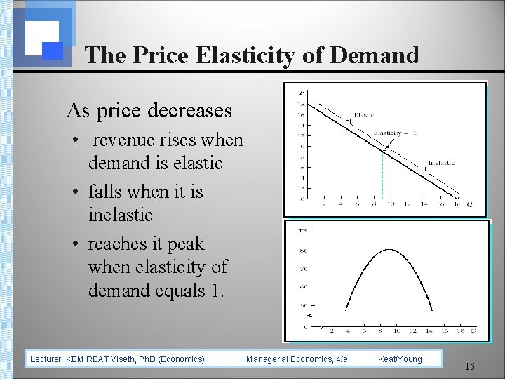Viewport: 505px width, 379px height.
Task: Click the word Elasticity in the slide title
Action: (242, 55)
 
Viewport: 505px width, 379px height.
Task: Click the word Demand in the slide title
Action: (376, 55)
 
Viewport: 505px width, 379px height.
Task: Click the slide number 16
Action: (470, 367)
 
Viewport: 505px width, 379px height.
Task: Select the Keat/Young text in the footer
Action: (400, 359)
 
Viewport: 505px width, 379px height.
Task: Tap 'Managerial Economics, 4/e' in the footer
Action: (297, 359)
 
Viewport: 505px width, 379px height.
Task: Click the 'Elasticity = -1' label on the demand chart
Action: (393, 133)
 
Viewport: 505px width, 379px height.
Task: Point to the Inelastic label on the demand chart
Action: (440, 163)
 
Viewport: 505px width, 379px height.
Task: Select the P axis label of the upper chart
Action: (302, 92)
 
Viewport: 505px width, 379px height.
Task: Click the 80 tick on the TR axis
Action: (303, 250)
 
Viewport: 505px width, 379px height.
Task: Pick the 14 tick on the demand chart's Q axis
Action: (424, 205)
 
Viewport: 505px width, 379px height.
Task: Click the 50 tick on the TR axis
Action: (303, 306)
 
